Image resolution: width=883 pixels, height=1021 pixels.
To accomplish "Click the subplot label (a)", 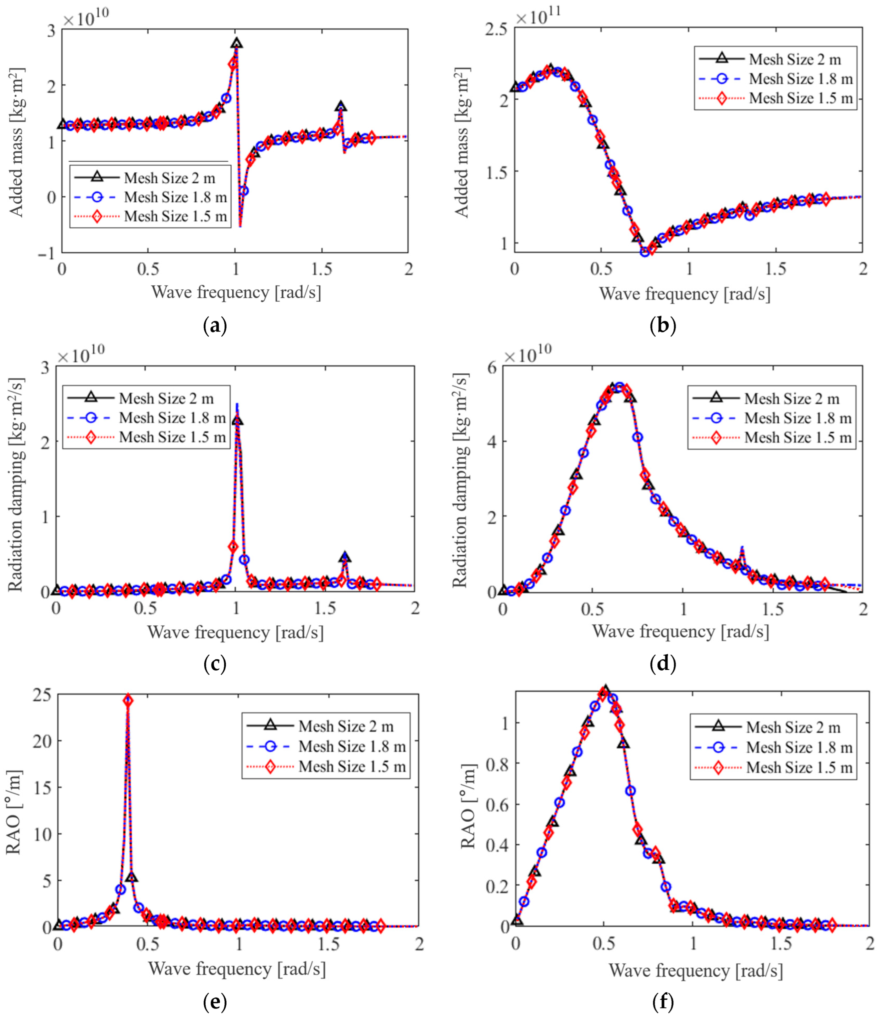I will (215, 326).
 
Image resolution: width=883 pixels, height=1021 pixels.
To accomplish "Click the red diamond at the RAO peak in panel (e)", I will (128, 700).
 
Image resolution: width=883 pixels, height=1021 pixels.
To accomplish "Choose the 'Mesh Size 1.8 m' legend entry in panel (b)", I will (800, 79).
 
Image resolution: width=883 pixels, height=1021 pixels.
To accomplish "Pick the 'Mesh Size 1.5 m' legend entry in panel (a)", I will (175, 216).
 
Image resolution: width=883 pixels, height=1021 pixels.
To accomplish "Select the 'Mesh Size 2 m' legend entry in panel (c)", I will (166, 398).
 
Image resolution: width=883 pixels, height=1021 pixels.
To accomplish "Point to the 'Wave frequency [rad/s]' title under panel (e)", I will (236, 969).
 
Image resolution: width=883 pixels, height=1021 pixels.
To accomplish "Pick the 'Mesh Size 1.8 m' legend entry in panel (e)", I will (352, 746).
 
